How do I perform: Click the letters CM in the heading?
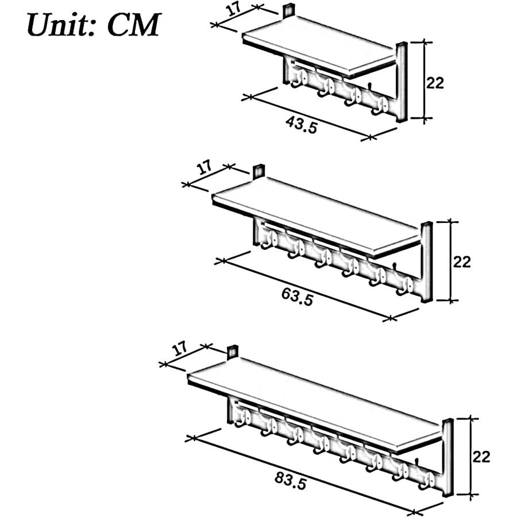[134, 25]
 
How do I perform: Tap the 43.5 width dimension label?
[302, 125]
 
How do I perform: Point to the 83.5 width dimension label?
[291, 481]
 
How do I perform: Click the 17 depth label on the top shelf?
[234, 10]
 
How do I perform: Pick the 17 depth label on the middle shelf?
[205, 168]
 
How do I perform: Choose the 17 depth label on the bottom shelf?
[180, 349]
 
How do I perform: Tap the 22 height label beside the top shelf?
[435, 83]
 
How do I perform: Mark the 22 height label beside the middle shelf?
[462, 262]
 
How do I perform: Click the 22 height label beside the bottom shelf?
[481, 457]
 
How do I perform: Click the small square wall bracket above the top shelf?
[289, 10]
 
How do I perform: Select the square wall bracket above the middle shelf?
[259, 171]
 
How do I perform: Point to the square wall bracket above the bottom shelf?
[233, 352]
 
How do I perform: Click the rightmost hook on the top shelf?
[379, 106]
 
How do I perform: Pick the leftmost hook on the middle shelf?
[269, 240]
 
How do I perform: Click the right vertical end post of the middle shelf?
[426, 262]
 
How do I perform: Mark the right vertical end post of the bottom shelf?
[447, 457]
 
